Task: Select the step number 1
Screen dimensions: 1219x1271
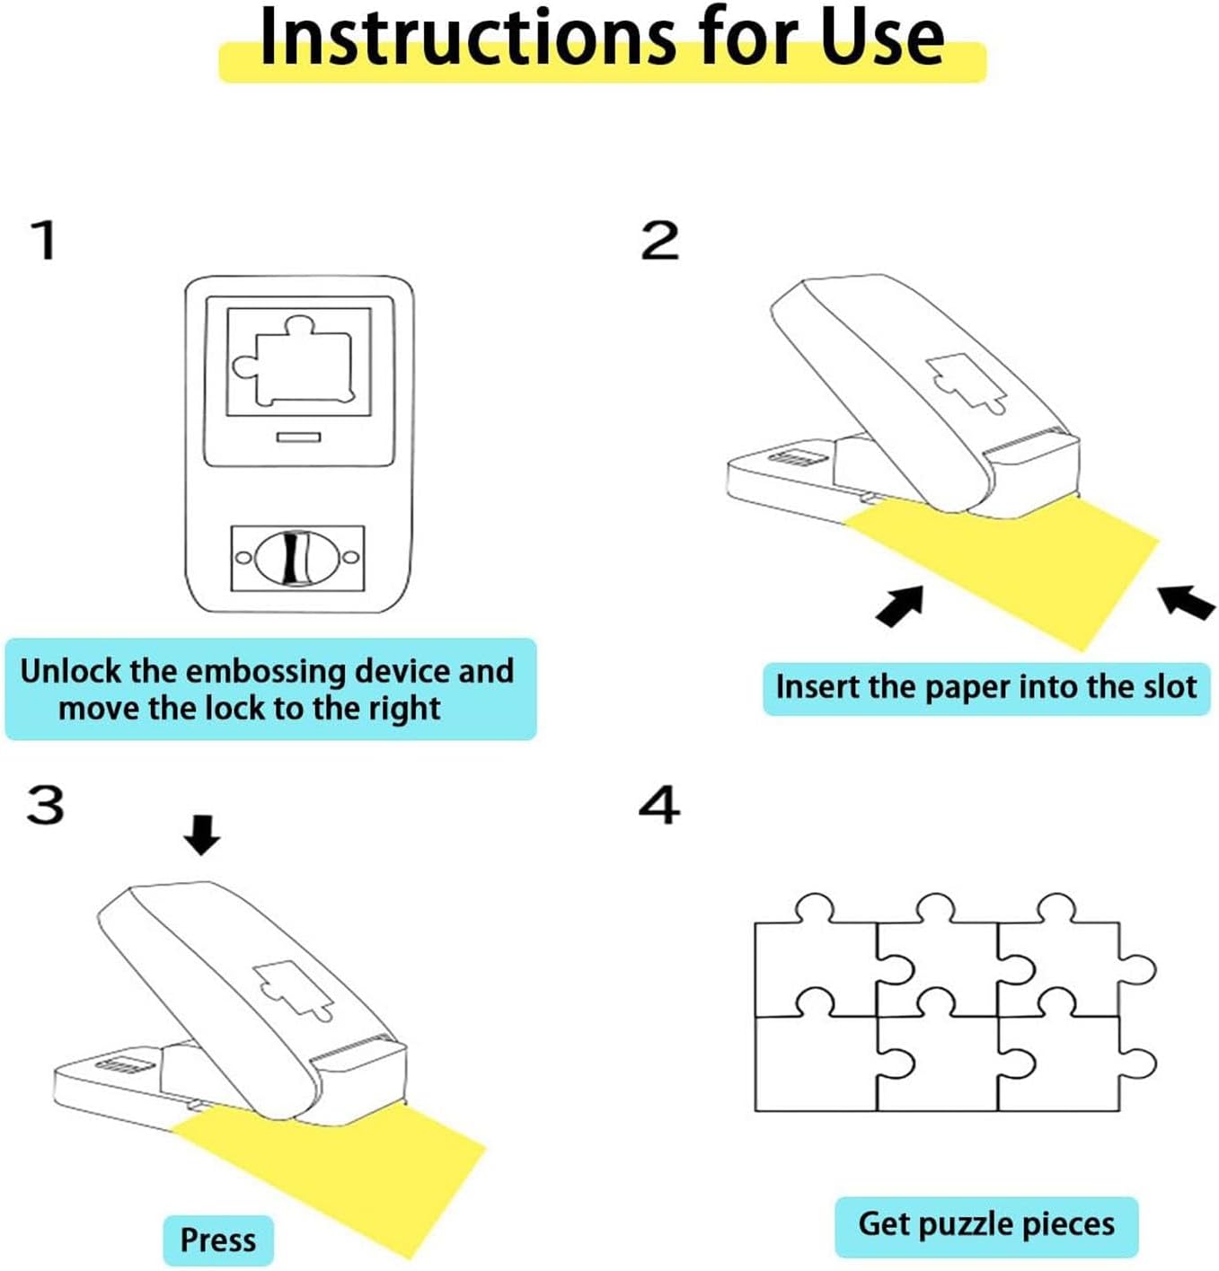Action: click(45, 241)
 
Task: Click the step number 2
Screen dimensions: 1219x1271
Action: click(659, 241)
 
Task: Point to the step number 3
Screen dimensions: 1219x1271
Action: click(45, 805)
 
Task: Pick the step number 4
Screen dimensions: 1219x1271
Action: click(659, 805)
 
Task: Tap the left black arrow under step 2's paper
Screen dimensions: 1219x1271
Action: click(899, 605)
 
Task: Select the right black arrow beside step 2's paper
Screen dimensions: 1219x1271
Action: click(1187, 602)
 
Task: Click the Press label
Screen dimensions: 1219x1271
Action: click(218, 1239)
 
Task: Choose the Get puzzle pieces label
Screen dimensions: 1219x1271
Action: click(986, 1223)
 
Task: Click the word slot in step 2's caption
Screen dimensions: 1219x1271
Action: click(1170, 687)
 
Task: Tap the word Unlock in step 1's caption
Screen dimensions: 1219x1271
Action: click(71, 671)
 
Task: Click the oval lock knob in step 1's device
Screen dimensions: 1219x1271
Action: click(297, 558)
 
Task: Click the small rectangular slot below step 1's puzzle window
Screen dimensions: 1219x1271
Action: click(298, 437)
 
